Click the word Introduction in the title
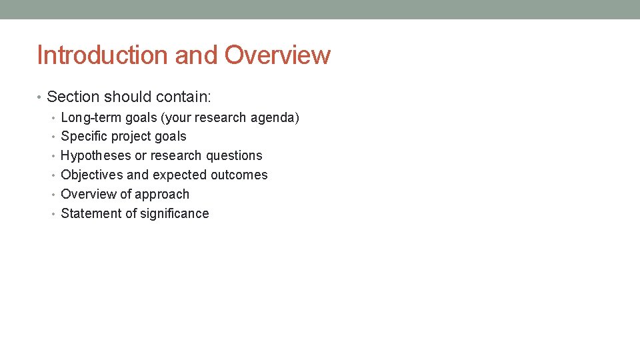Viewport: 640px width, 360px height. (x=103, y=55)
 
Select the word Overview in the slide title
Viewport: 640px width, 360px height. (x=277, y=55)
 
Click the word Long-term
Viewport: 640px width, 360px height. (x=91, y=118)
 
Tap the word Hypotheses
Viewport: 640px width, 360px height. (x=96, y=156)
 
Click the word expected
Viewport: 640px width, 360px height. (x=178, y=175)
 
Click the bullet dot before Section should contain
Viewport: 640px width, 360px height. (x=40, y=98)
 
